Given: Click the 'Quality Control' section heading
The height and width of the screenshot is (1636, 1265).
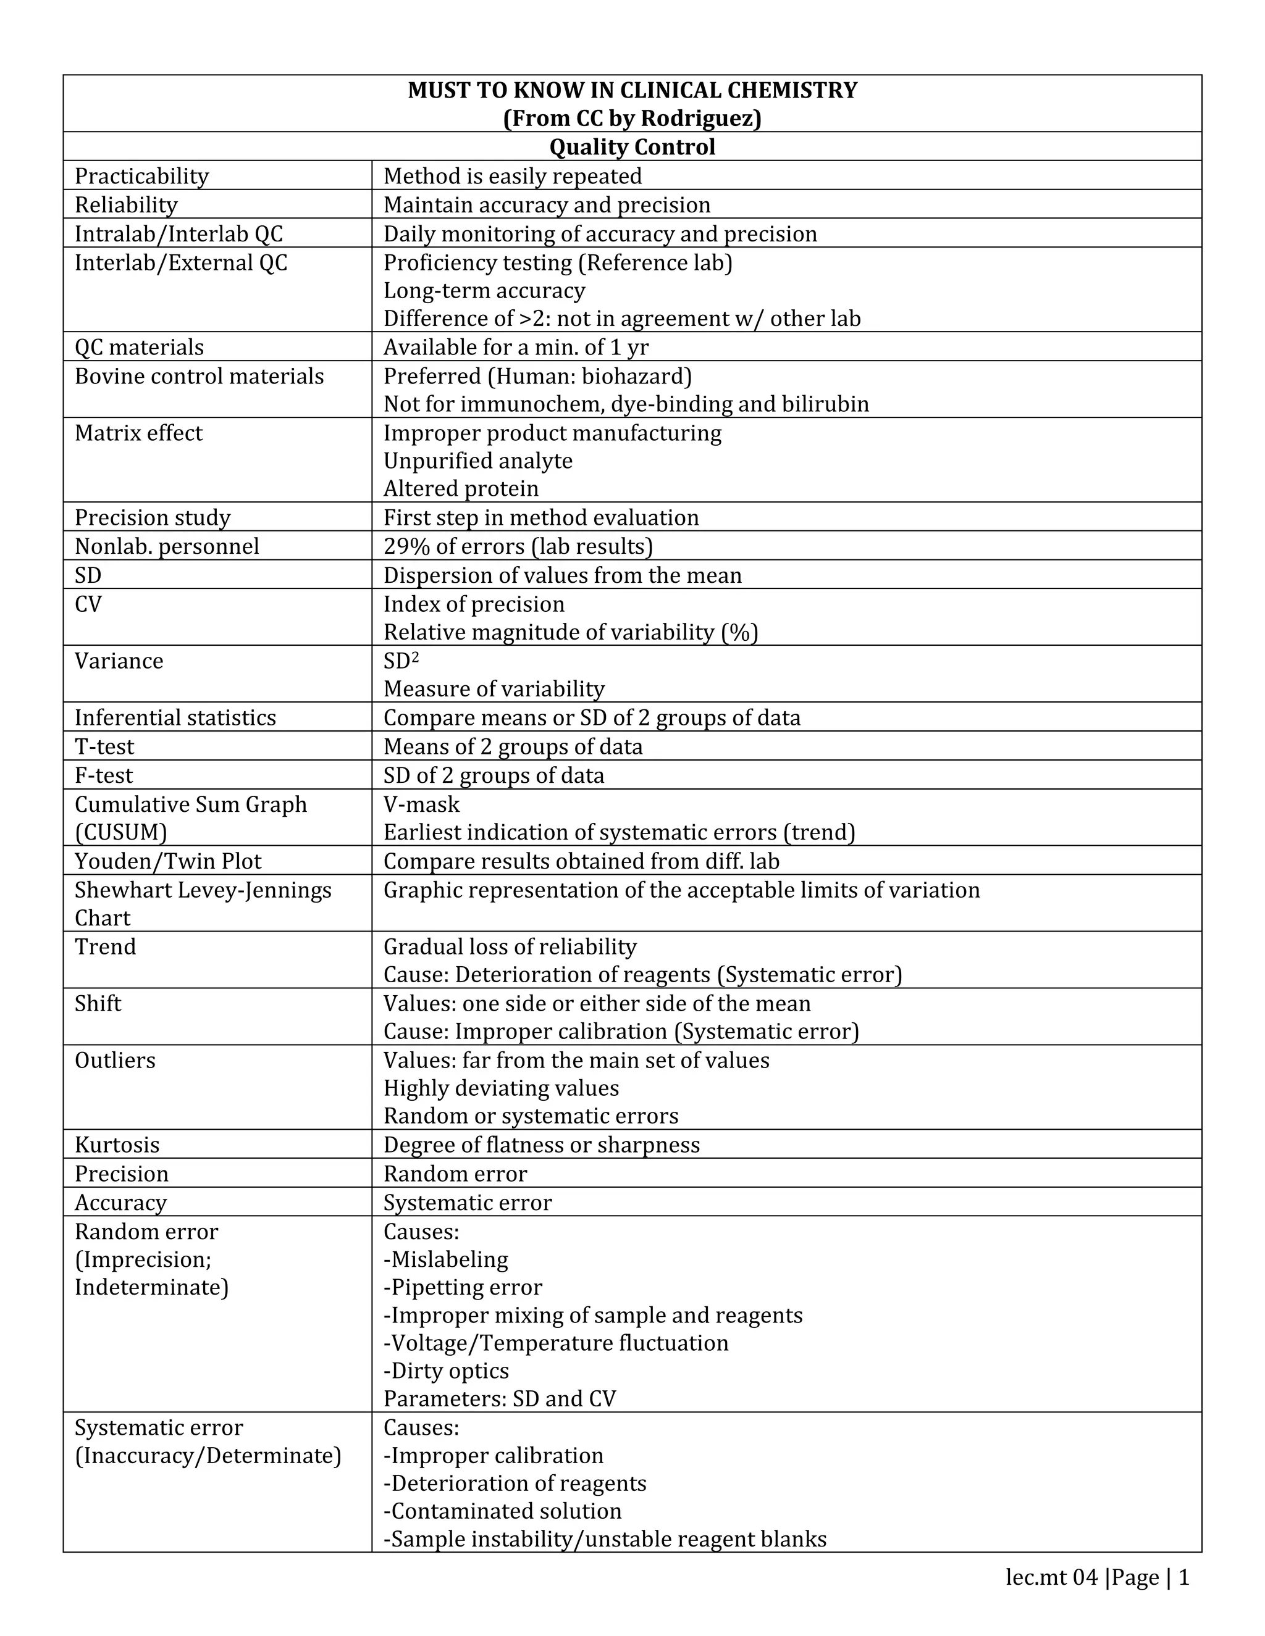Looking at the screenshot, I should [632, 147].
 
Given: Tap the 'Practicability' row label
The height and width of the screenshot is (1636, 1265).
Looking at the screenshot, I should [141, 176].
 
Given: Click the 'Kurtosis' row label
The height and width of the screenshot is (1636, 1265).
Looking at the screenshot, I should [117, 1145].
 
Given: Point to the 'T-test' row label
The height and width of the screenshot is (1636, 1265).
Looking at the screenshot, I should [104, 747].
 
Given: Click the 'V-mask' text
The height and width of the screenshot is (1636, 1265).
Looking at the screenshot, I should [421, 804].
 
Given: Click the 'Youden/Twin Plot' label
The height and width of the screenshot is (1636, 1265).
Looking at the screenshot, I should [168, 861].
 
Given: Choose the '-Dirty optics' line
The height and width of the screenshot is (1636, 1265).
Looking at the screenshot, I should [446, 1371].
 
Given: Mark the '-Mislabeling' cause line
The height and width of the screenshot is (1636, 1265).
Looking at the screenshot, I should [445, 1259].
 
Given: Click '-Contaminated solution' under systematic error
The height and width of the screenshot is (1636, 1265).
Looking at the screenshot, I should [502, 1511].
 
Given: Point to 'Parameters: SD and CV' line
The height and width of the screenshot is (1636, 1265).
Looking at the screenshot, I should [499, 1398].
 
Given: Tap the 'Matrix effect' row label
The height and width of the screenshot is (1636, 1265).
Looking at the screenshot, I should [138, 433].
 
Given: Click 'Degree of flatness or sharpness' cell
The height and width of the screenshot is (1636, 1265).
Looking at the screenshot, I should [541, 1145].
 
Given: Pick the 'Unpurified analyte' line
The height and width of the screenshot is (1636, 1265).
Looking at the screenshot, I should [477, 461].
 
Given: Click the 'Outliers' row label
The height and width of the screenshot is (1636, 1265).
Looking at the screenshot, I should [115, 1061].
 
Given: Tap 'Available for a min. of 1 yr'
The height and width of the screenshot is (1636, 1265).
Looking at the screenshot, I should [516, 348].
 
